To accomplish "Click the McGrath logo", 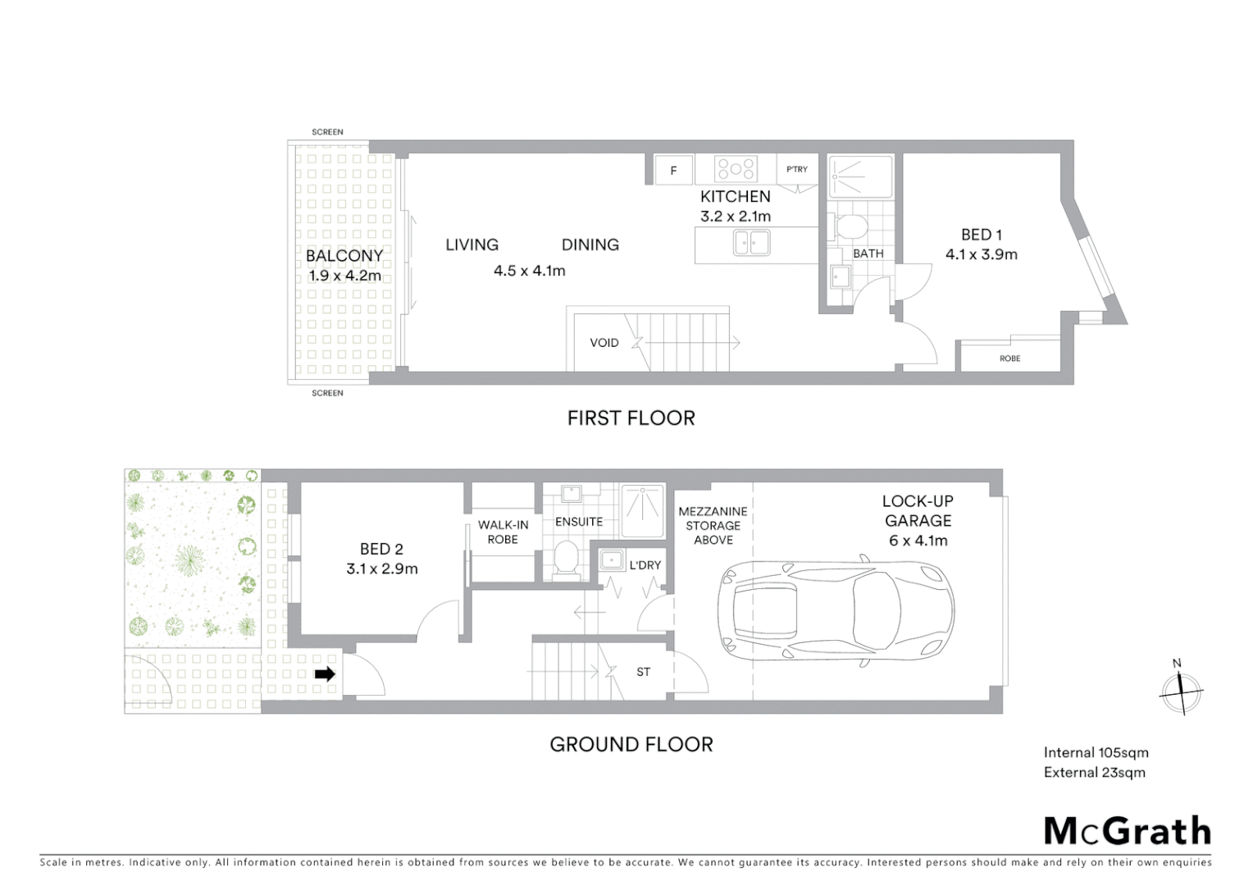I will click(x=1128, y=831).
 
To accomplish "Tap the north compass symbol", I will click(x=1180, y=691).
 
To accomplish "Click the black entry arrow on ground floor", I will click(x=326, y=674).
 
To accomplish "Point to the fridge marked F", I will click(x=673, y=171).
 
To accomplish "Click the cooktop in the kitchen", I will click(x=736, y=169).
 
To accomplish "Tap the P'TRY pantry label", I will click(x=797, y=169).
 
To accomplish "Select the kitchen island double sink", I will click(x=751, y=243).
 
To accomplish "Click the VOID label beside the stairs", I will click(x=604, y=343).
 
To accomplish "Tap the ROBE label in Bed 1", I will click(x=1010, y=359).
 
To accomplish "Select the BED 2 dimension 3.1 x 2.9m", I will click(x=382, y=569).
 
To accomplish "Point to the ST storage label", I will click(x=644, y=672).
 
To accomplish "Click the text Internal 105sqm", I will click(x=1096, y=752).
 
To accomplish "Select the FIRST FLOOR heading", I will click(x=631, y=418).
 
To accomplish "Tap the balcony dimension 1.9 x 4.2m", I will click(x=344, y=276).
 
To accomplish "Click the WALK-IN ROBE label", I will click(x=503, y=532).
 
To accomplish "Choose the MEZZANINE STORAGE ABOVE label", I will click(x=713, y=526).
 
